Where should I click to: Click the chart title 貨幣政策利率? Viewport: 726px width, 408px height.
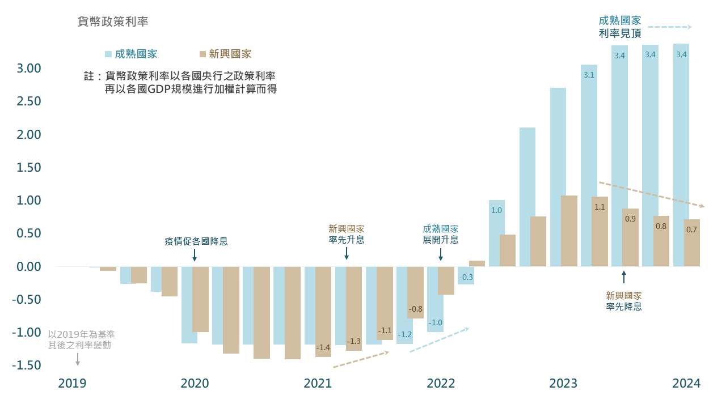pos(113,22)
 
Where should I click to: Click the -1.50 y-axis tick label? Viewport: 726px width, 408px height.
pos(27,365)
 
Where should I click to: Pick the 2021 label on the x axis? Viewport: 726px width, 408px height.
pos(318,384)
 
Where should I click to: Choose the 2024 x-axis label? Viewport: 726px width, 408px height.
pos(686,384)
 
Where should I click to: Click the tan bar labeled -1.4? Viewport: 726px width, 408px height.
pos(323,312)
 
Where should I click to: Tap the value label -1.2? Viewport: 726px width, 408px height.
pos(404,334)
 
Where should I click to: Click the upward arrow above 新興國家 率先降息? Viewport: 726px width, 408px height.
pos(624,277)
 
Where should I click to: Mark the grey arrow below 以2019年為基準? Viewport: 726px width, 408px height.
pos(78,359)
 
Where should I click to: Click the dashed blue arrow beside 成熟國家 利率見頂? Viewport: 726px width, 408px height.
pos(670,27)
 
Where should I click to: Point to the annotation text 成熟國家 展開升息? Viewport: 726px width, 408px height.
pos(441,234)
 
